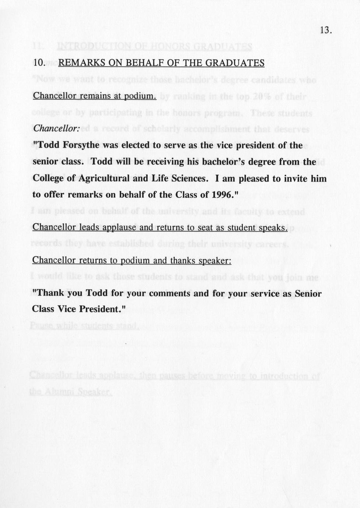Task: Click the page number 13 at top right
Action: point(325,30)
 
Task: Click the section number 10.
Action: point(39,63)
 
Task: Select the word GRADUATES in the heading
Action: point(235,63)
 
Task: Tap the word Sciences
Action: point(190,179)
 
